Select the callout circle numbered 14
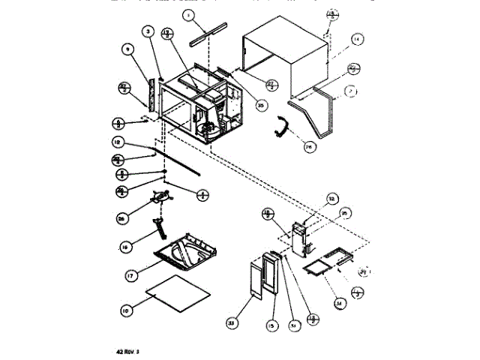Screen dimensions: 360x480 point(357,38)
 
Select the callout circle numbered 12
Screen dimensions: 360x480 point(117,142)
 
